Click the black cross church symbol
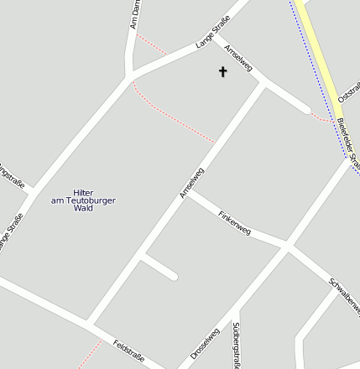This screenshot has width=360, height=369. click(223, 72)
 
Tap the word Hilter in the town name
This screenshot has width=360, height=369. click(83, 192)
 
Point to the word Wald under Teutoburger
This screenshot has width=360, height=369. click(83, 208)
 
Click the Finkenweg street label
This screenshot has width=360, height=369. click(234, 221)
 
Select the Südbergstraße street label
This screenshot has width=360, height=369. click(237, 344)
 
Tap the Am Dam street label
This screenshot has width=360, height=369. click(133, 14)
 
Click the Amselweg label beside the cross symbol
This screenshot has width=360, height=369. click(238, 58)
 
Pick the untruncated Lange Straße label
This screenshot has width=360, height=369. click(212, 37)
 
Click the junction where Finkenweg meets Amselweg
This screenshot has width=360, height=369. click(185, 195)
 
